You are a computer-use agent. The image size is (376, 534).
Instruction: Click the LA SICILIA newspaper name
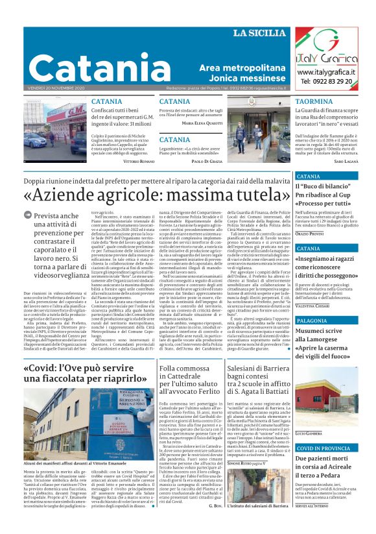click(259, 33)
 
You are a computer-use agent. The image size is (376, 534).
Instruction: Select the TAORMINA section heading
click(315, 102)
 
